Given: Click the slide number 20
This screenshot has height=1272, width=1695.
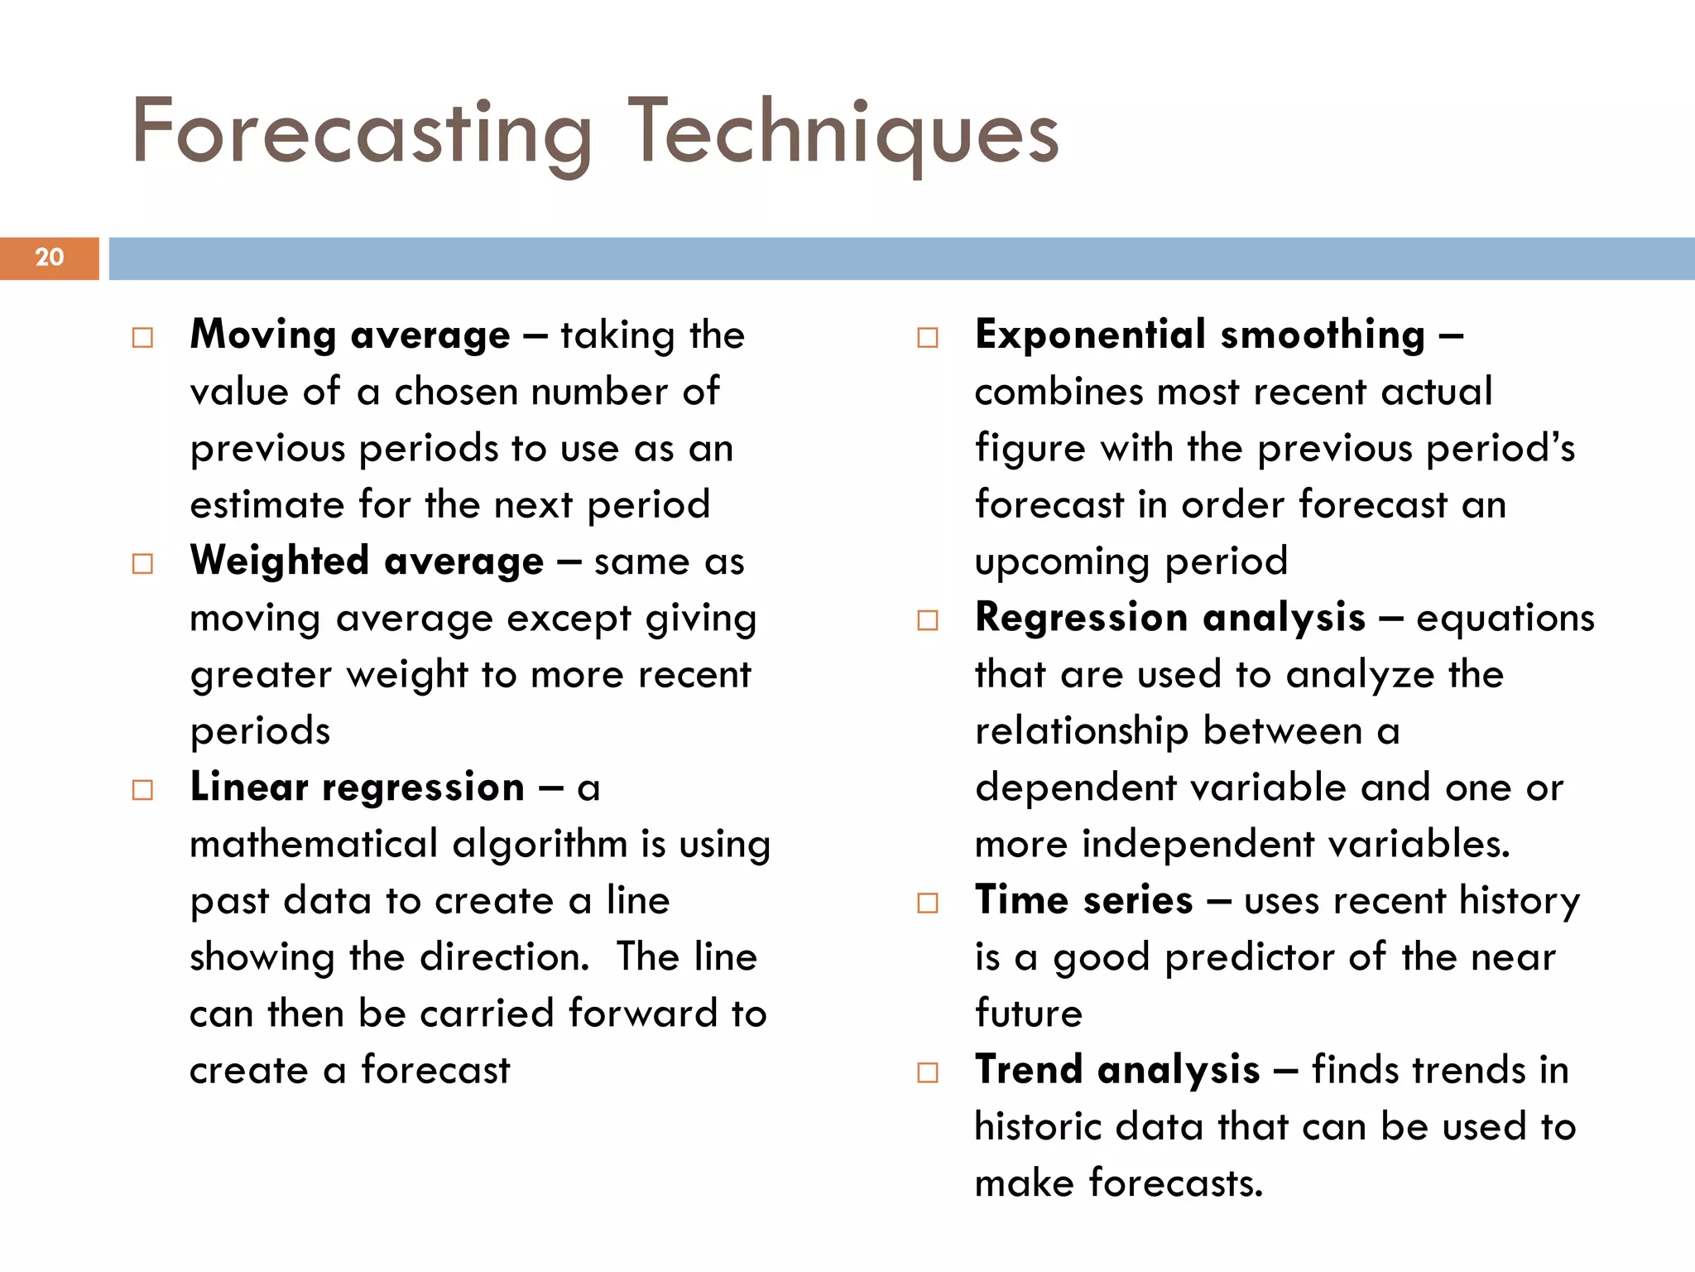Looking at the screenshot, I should click(50, 258).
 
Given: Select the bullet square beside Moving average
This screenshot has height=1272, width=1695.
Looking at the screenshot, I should click(142, 337).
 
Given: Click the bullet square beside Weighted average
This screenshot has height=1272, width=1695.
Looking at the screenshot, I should click(142, 564).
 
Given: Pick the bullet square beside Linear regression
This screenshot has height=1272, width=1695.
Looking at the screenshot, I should click(142, 790).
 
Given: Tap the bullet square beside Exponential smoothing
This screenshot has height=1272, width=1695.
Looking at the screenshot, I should click(928, 337).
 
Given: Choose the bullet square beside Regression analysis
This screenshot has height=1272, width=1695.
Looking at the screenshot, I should click(928, 620).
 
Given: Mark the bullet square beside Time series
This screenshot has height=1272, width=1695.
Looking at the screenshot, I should click(928, 903).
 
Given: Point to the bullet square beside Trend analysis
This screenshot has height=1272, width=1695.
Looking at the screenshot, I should click(928, 1072).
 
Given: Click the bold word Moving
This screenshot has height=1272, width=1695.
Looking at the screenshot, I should click(262, 335).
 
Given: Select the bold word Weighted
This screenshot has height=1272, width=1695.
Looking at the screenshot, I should click(279, 561).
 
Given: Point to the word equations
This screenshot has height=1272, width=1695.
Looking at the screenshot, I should click(1505, 619).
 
